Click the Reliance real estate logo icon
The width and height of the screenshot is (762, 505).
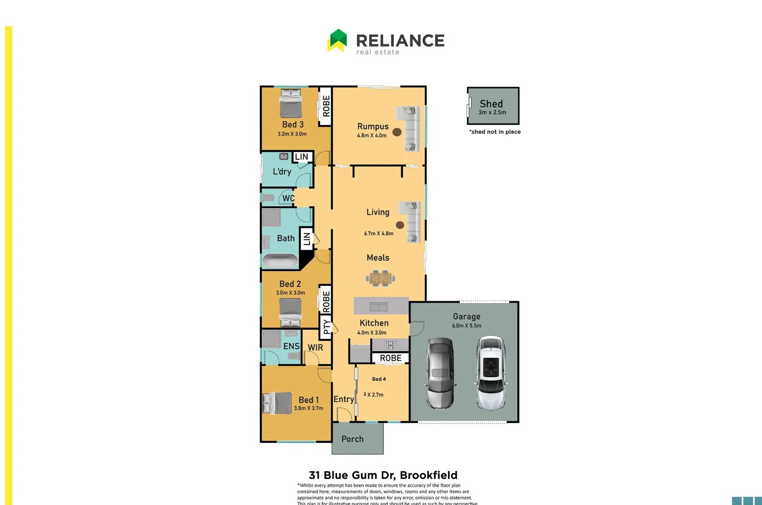[337, 40]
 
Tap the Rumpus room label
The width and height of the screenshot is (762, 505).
[373, 126]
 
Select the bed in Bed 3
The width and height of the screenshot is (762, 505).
[291, 103]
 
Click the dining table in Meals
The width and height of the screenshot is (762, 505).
[380, 278]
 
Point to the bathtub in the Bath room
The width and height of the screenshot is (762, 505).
[280, 261]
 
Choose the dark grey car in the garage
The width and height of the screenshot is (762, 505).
[440, 373]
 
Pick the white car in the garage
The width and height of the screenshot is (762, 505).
[491, 373]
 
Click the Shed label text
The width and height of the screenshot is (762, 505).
[491, 104]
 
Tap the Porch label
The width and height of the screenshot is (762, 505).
[352, 439]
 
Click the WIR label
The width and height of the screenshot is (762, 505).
[315, 347]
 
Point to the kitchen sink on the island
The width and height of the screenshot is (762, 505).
[378, 307]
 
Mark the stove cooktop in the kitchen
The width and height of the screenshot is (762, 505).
[391, 346]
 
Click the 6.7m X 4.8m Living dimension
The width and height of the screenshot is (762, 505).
[378, 233]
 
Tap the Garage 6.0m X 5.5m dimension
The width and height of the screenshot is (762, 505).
[466, 325]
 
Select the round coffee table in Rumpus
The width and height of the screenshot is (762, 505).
[397, 132]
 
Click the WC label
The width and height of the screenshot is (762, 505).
[288, 198]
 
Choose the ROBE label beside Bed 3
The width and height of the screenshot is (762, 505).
[326, 106]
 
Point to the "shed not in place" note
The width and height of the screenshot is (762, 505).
[495, 132]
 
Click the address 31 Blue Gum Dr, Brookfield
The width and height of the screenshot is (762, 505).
[383, 475]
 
